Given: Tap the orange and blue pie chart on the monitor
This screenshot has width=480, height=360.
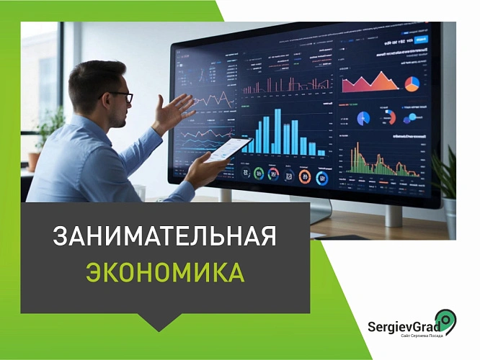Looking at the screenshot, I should click(x=412, y=84).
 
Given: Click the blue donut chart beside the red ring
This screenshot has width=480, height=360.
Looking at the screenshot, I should click(x=364, y=118).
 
